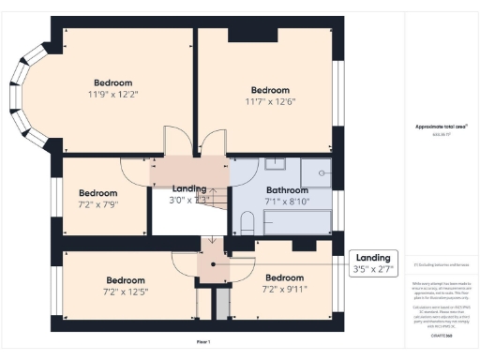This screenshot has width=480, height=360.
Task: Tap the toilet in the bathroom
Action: pyautogui.click(x=247, y=223)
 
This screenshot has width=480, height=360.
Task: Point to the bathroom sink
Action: pyautogui.click(x=275, y=165)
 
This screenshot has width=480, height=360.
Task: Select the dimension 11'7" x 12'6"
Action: pyautogui.click(x=269, y=101)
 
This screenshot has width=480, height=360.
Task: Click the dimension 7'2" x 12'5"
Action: pyautogui.click(x=125, y=292)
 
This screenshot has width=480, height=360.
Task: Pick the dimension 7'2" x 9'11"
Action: pyautogui.click(x=284, y=289)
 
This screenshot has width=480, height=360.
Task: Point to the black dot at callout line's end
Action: pyautogui.click(x=213, y=263)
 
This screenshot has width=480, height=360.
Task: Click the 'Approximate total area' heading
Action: pyautogui.click(x=441, y=127)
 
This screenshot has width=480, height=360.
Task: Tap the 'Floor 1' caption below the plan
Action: pyautogui.click(x=203, y=342)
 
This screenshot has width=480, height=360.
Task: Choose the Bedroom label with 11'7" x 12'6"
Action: pyautogui.click(x=269, y=89)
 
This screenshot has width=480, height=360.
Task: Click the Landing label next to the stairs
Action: pyautogui.click(x=189, y=187)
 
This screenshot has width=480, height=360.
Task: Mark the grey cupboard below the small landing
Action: pyautogui.click(x=221, y=304)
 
